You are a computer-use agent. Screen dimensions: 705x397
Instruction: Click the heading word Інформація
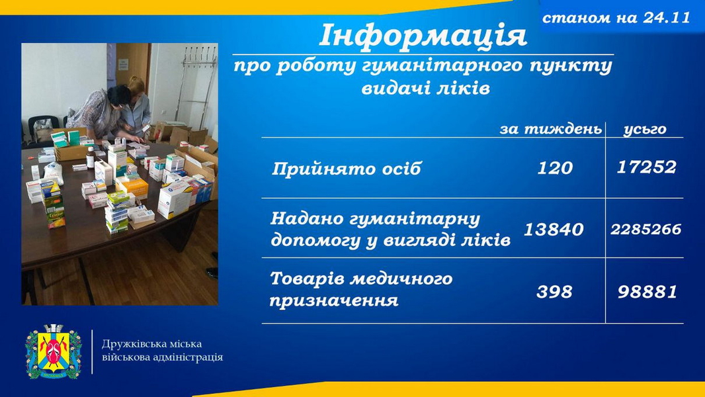click(423, 36)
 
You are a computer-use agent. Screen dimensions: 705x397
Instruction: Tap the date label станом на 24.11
click(616, 18)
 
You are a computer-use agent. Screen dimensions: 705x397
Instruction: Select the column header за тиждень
click(551, 130)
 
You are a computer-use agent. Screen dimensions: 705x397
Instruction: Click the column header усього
click(645, 130)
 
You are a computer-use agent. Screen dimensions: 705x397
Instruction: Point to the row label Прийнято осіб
click(346, 169)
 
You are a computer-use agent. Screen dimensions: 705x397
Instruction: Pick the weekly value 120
click(555, 168)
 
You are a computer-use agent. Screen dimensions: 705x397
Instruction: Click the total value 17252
click(647, 167)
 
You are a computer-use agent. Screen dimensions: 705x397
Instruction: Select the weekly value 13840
click(554, 230)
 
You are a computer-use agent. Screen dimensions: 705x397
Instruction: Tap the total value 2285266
click(645, 230)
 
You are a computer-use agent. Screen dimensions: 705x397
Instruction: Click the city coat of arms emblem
click(54, 351)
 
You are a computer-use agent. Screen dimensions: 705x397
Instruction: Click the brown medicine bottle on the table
click(91, 157)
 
